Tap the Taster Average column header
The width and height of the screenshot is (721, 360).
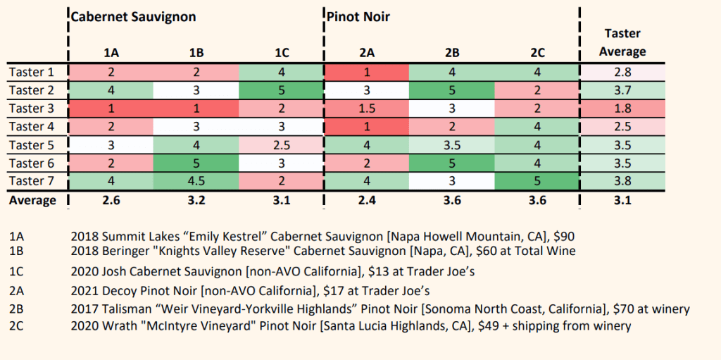[x=622, y=42]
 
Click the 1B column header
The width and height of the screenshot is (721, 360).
[x=196, y=52]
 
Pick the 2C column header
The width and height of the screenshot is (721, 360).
[x=537, y=52]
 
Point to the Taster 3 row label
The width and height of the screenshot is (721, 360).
[x=32, y=108]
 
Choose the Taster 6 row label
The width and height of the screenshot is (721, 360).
[x=32, y=163]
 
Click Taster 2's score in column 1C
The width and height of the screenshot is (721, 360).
[x=281, y=90]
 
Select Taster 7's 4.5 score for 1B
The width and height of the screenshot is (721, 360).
[x=196, y=182]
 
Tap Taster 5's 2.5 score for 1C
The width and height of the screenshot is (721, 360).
[x=281, y=145]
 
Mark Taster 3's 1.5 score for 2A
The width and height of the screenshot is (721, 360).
[x=367, y=108]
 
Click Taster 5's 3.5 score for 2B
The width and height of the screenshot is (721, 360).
[x=452, y=145]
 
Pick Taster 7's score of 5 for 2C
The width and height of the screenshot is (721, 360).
[x=537, y=182]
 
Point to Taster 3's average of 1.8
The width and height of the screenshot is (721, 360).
[x=622, y=108]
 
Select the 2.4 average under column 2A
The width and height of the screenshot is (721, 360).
[x=367, y=201]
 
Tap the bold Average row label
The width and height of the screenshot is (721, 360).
[x=32, y=201]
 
